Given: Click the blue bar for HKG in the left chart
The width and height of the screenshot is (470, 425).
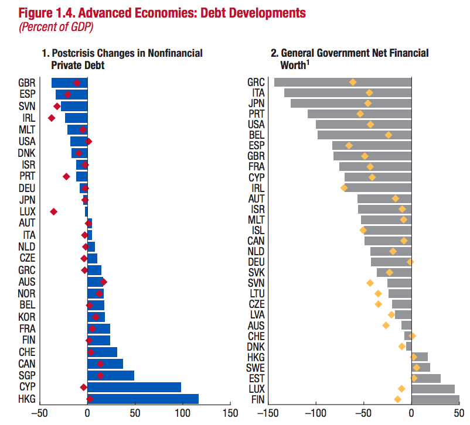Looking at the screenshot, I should click(143, 399).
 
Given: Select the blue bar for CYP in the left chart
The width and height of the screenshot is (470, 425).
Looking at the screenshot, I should click(134, 387).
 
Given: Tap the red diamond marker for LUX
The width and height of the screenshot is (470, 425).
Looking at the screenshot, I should click(54, 211).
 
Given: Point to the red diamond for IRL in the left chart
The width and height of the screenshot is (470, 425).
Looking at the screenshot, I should click(52, 118).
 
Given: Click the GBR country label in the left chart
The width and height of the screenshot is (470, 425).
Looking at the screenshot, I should click(26, 83).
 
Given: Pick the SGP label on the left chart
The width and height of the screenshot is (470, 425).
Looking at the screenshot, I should click(26, 375).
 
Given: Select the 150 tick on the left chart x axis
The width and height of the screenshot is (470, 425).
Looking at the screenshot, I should click(230, 413).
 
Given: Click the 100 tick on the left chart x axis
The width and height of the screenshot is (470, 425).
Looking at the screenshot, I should click(182, 413).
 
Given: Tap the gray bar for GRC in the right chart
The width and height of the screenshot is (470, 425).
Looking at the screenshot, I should click(342, 82).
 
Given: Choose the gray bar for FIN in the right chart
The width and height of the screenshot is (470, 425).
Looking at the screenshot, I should click(435, 399).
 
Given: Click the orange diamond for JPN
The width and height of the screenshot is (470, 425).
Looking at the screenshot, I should click(368, 103).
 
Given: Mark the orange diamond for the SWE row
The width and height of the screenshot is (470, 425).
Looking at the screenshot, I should click(417, 368).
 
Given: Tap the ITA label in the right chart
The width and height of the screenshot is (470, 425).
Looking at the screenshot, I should click(258, 92).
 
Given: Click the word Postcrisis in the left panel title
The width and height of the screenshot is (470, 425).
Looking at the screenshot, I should click(75, 53).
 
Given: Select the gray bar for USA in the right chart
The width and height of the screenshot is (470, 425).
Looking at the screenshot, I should click(363, 124).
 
